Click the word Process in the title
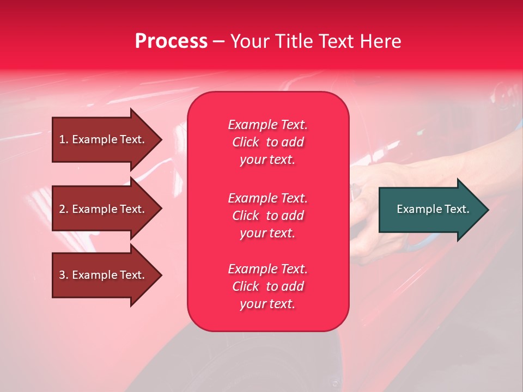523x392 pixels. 172,41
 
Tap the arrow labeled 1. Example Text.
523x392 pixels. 107,140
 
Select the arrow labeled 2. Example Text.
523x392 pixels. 107,209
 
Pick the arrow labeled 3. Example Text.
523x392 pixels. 107,275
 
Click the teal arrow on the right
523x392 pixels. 434,210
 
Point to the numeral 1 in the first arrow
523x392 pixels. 62,139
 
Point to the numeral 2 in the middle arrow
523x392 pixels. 62,209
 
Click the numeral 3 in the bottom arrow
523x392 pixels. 62,275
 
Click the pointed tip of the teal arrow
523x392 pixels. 489,210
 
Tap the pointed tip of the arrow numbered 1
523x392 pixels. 162,140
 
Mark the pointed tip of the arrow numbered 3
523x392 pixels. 162,275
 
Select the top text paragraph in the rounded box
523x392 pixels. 268,142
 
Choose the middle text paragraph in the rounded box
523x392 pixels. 268,216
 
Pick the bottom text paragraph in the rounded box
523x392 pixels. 268,286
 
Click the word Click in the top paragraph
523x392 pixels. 246,142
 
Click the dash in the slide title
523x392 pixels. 218,42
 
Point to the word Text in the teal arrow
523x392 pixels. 457,209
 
